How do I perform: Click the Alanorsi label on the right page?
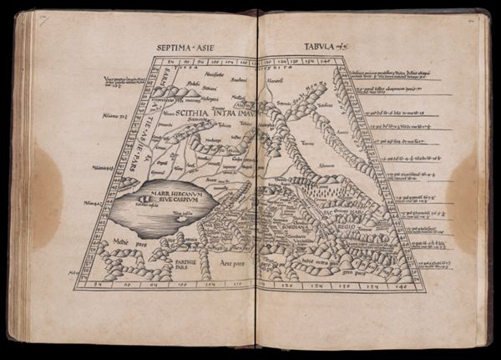point(276,82)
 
